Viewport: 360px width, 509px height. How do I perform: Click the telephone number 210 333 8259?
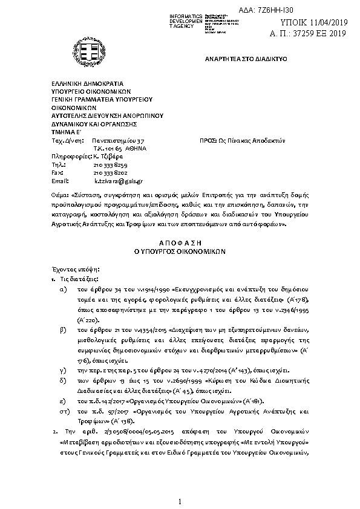111,164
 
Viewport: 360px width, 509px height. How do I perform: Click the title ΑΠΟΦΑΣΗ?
179,240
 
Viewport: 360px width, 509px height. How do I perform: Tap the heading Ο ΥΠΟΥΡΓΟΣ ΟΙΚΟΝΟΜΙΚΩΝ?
179,248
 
